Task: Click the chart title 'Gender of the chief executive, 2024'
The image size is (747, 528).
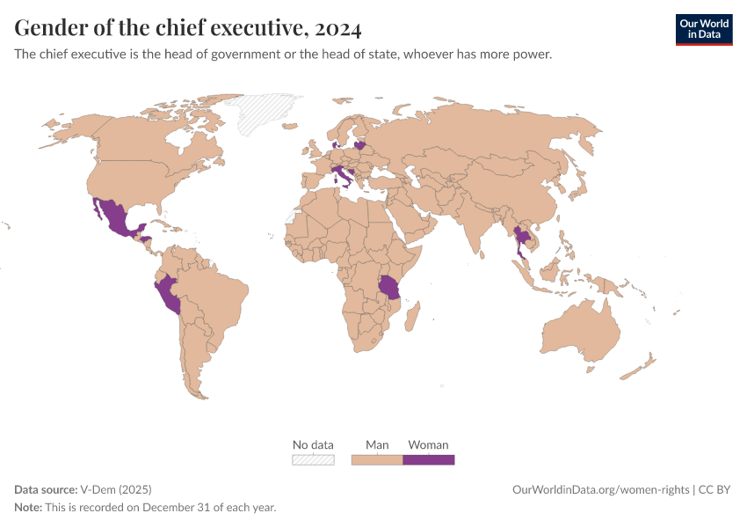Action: (x=187, y=28)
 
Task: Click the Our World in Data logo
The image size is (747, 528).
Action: (x=703, y=29)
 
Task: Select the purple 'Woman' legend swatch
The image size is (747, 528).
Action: (x=428, y=459)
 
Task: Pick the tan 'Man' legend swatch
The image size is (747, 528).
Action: (x=377, y=459)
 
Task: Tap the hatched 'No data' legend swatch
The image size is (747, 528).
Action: (x=313, y=459)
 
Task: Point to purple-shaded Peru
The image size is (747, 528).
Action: (x=170, y=294)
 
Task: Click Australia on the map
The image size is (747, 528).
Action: (x=580, y=331)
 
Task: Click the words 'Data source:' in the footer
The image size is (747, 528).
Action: (x=46, y=489)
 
